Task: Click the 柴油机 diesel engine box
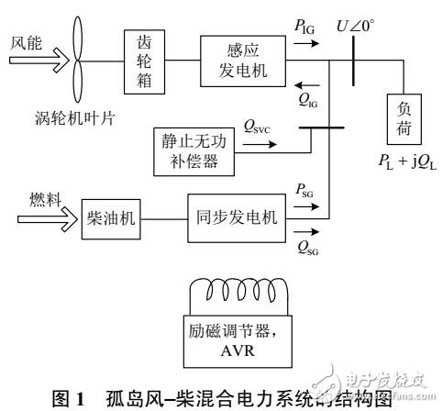click(x=107, y=219)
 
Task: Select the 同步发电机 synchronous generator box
click(x=237, y=219)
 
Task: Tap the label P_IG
click(x=305, y=28)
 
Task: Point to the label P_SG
click(x=305, y=188)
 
